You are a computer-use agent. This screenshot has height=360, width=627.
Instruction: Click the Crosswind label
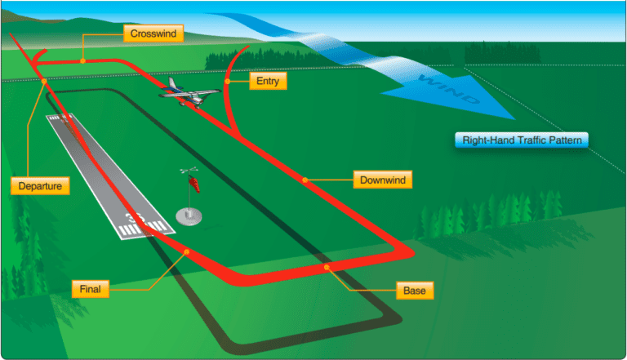click(153, 33)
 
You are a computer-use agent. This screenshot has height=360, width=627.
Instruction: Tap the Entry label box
click(268, 82)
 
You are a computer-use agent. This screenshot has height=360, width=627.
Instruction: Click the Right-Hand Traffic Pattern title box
click(521, 140)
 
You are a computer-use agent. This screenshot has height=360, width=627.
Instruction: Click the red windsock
click(195, 184)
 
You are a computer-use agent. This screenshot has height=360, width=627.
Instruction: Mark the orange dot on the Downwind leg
click(305, 179)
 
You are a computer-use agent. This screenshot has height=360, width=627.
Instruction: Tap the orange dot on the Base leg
click(327, 267)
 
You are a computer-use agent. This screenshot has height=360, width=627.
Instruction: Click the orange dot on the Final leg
click(187, 251)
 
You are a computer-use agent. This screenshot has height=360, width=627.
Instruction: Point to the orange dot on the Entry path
click(227, 82)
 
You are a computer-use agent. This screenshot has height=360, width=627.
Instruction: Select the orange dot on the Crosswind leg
click(83, 60)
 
